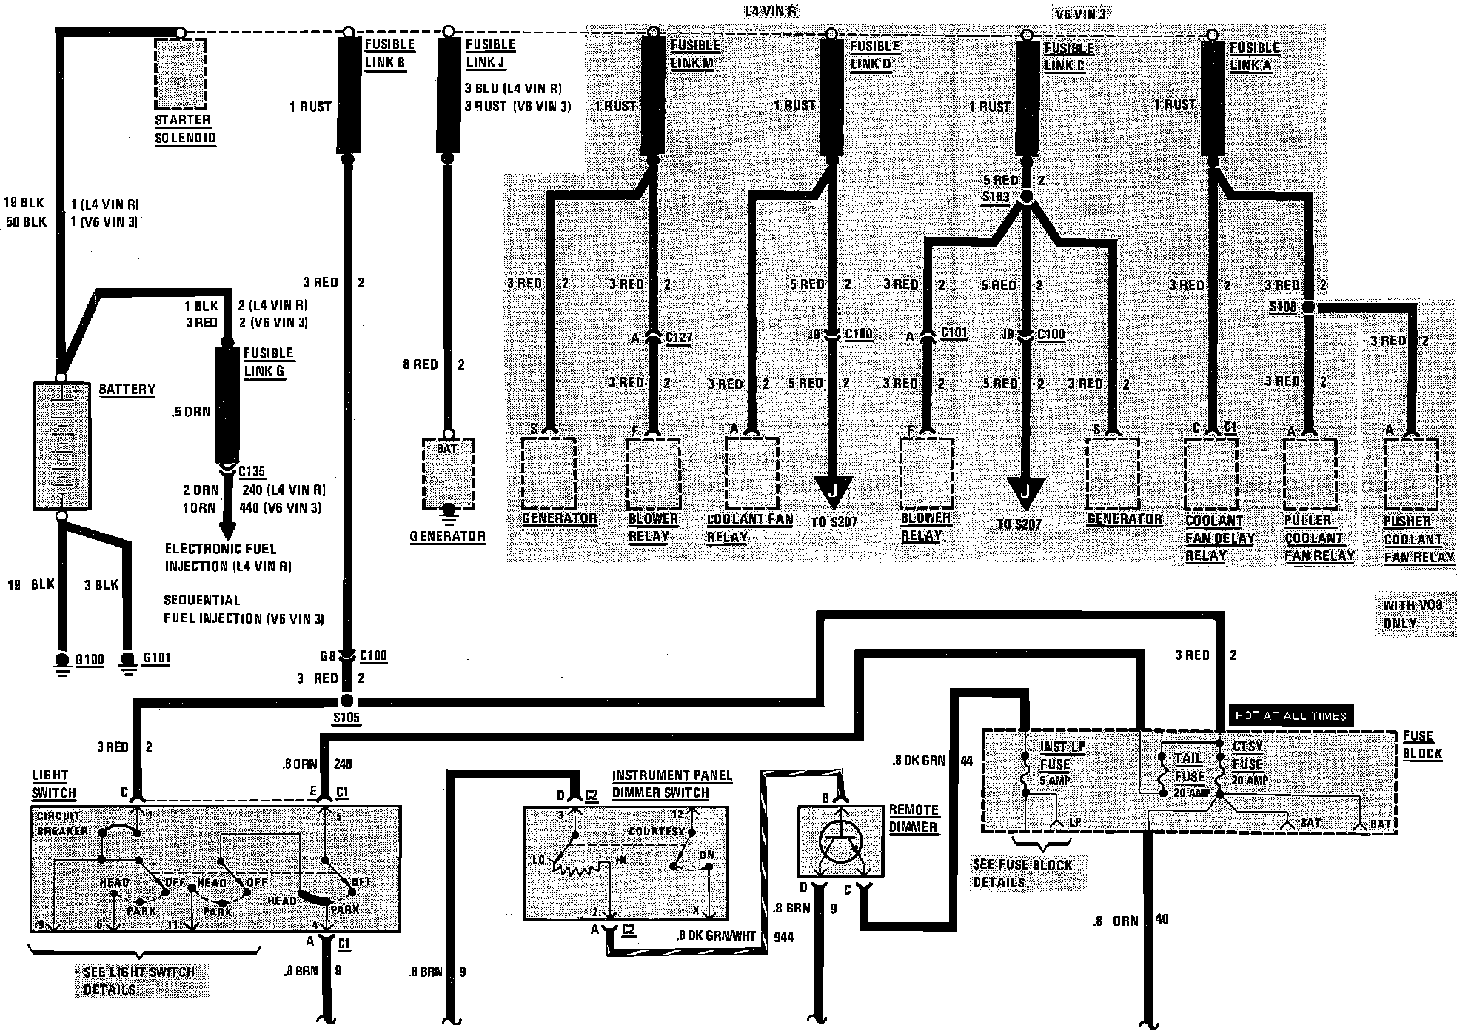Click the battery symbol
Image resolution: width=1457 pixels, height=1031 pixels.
[62, 446]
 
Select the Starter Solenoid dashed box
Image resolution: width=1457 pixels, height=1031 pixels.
[181, 73]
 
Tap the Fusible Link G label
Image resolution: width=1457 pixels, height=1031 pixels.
[268, 362]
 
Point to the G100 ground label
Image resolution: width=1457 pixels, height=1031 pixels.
[90, 659]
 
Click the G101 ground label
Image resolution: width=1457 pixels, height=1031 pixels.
[155, 658]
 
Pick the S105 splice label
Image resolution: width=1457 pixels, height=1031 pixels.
[346, 718]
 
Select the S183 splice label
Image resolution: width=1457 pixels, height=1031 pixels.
[996, 198]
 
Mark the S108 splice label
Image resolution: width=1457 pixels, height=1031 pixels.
[1283, 306]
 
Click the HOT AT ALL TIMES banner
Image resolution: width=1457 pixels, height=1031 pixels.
[1289, 715]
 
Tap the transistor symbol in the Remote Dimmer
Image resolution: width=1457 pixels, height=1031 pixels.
[840, 842]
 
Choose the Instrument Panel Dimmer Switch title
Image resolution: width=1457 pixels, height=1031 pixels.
[671, 784]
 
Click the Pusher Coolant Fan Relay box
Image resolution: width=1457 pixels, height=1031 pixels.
[1410, 475]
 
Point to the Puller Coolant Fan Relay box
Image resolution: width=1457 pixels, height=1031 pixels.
[1310, 475]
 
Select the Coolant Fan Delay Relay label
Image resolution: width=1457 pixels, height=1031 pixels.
[1219, 538]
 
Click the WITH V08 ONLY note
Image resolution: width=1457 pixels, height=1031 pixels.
[1401, 614]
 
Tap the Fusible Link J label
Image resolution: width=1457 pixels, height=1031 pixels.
[490, 53]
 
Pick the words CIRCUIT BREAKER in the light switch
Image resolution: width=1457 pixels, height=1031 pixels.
[61, 824]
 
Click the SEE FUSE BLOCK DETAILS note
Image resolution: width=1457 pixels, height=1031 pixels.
[1022, 873]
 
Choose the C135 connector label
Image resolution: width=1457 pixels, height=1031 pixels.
[252, 471]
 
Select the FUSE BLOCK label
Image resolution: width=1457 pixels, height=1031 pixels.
[1422, 744]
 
